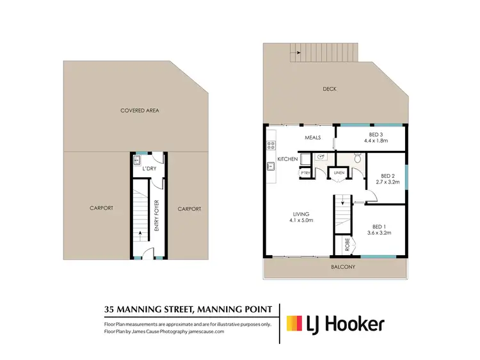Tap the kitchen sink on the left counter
(271, 168)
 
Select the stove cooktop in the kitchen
(271, 145)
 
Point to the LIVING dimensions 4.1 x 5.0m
(301, 222)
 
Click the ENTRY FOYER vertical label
(156, 215)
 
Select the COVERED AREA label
(140, 111)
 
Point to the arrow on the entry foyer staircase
(140, 233)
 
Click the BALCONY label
(343, 267)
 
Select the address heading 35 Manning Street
(188, 309)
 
